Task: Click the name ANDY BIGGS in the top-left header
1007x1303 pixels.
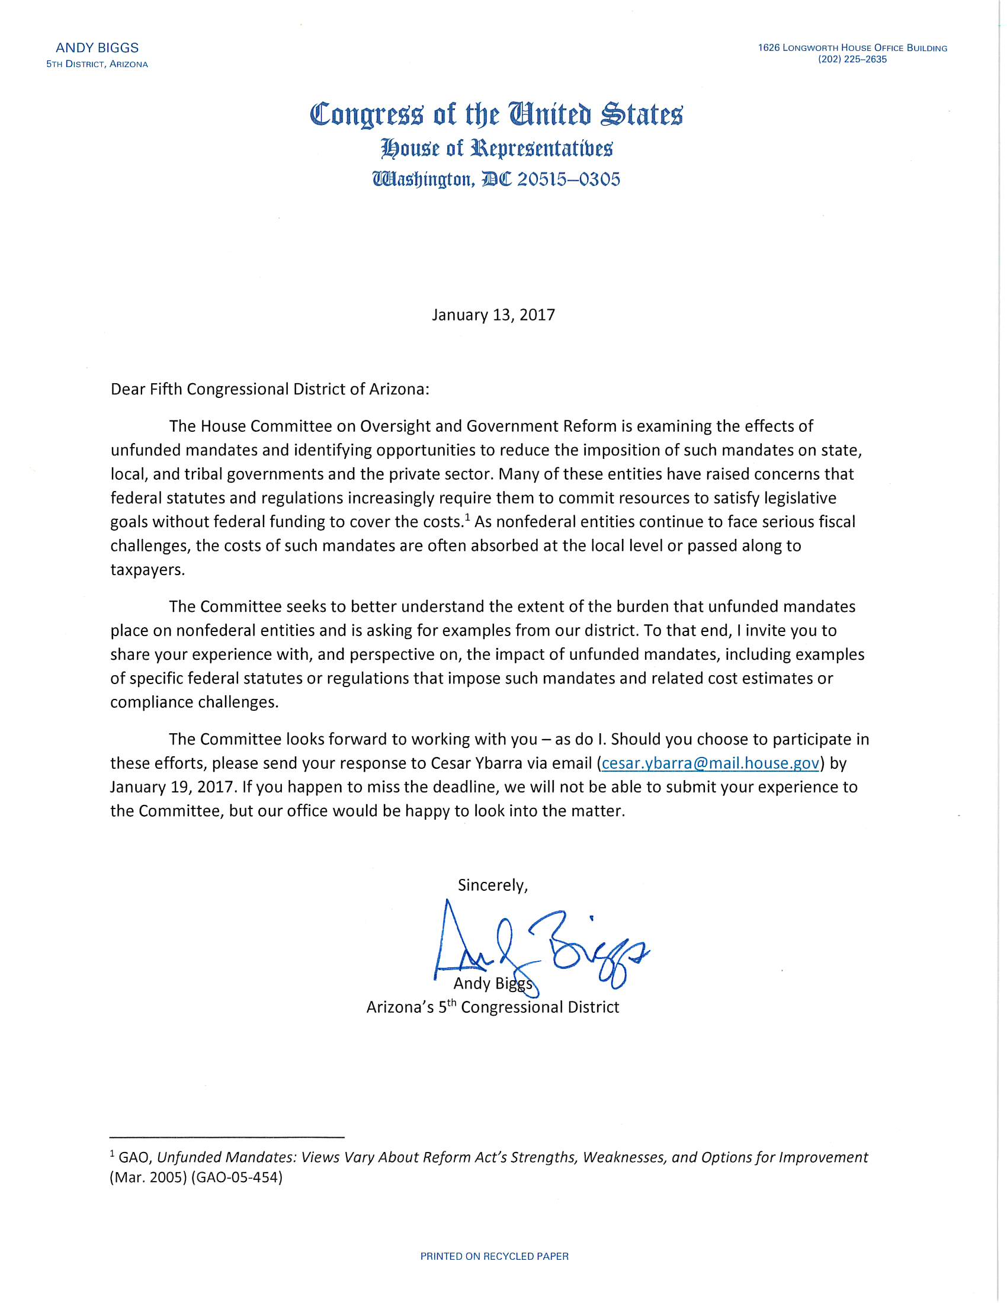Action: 97,49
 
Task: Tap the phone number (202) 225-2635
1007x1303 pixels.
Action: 852,60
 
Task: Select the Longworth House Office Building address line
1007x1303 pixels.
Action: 852,48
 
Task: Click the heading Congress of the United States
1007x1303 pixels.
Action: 496,114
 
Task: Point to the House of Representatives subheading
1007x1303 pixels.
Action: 496,148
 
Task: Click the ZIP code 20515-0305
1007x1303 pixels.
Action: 569,179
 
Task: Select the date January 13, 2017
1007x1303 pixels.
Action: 493,315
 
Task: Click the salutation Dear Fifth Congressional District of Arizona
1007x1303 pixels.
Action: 270,390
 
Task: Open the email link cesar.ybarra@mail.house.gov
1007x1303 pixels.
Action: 710,763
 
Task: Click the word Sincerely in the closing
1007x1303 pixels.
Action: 492,885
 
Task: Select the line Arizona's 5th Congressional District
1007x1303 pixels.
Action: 493,1007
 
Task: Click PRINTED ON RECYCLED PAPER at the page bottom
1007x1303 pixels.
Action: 495,1256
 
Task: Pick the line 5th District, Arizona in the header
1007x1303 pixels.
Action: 97,65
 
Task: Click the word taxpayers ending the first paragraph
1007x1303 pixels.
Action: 147,570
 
